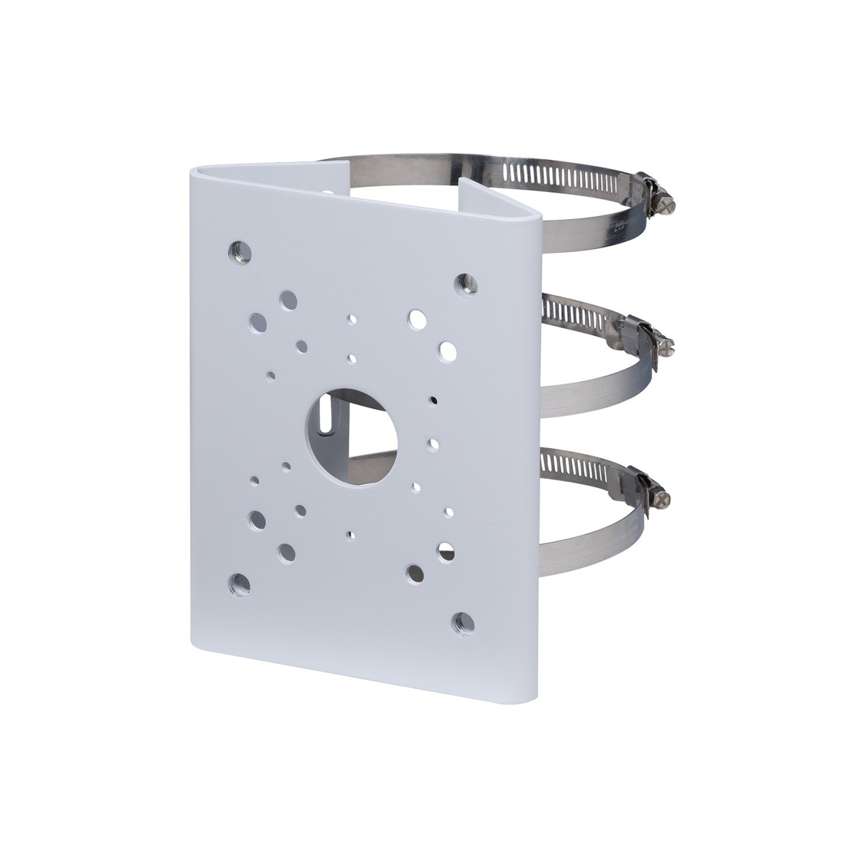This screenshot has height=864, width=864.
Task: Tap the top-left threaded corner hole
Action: (242, 248)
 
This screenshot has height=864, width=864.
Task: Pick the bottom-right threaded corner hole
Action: (461, 620)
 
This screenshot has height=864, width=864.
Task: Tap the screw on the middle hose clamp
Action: (666, 346)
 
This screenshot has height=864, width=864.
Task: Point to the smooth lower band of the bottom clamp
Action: (594, 534)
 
